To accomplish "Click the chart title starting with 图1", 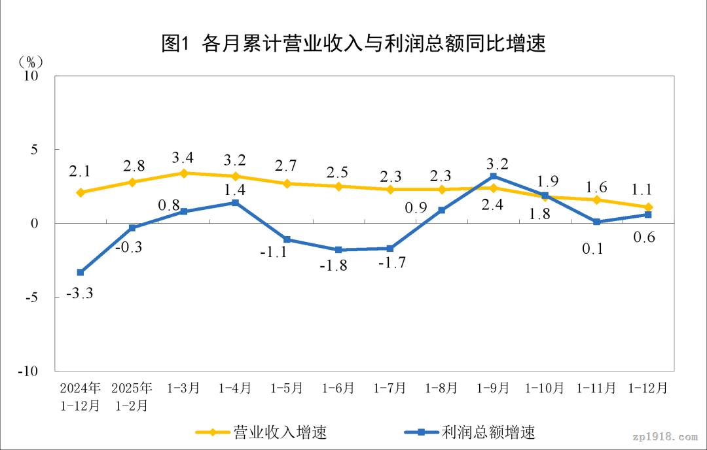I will pyautogui.click(x=353, y=43).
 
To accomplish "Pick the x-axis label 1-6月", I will pyautogui.click(x=338, y=388).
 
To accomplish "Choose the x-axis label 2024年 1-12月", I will pyautogui.click(x=80, y=396).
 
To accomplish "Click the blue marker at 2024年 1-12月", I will pyautogui.click(x=81, y=272).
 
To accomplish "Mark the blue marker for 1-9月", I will pyautogui.click(x=493, y=176).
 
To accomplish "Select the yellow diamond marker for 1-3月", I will pyautogui.click(x=184, y=173).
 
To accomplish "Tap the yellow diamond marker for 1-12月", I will pyautogui.click(x=648, y=207).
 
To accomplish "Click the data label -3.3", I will pyautogui.click(x=81, y=294).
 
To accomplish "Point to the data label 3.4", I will pyautogui.click(x=183, y=157).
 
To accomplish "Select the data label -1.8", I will pyautogui.click(x=338, y=266).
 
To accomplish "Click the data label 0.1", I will pyautogui.click(x=596, y=249).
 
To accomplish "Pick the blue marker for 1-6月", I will pyautogui.click(x=338, y=250).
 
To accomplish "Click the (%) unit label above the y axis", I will pyautogui.click(x=31, y=61).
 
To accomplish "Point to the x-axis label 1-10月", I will pyautogui.click(x=545, y=388).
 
